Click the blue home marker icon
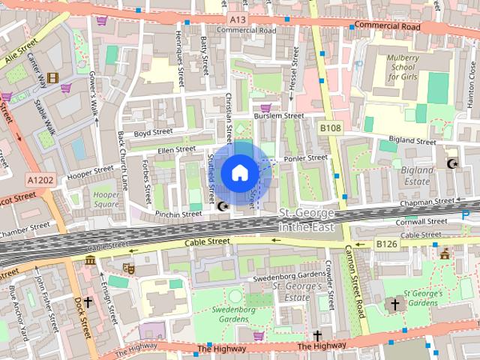pos(239,172)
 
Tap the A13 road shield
pos(238,19)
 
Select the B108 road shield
pos(330,129)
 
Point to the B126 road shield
pos(386,244)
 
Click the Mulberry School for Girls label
pos(407,67)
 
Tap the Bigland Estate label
pos(418,175)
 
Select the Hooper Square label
pos(106,199)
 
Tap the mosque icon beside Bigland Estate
pos(451,163)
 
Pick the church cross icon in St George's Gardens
pos(394,304)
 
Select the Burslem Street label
pos(278,117)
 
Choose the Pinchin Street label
pos(179,214)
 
